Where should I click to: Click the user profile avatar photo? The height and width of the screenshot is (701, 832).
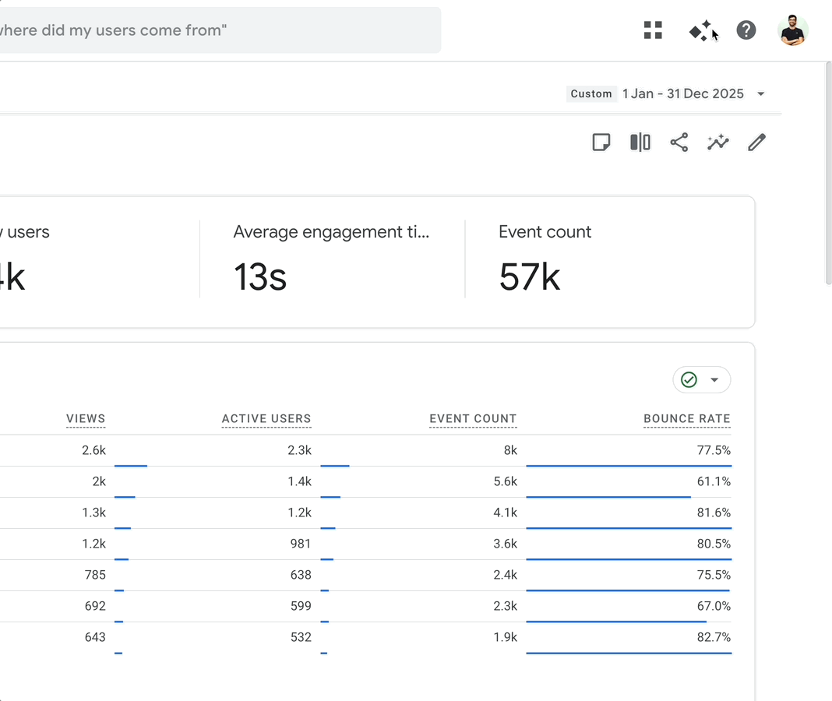(x=793, y=31)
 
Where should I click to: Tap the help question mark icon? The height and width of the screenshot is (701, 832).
(x=746, y=30)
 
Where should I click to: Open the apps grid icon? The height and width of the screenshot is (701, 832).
(x=653, y=30)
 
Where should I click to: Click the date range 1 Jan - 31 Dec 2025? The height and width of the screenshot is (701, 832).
(x=683, y=93)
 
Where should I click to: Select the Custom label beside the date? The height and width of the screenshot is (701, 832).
(x=591, y=93)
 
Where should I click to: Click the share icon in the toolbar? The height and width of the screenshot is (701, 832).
(x=679, y=143)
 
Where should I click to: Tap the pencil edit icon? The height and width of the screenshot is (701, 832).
(x=756, y=143)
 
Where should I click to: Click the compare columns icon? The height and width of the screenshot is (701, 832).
(x=640, y=143)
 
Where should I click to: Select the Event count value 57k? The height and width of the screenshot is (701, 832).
(x=530, y=277)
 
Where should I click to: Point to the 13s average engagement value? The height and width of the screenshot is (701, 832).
(x=260, y=277)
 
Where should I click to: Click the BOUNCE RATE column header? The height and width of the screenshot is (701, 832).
(x=687, y=419)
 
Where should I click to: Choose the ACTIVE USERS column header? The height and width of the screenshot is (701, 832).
(x=266, y=419)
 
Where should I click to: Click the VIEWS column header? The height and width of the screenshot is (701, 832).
(x=86, y=419)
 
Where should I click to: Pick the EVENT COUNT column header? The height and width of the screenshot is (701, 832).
(x=473, y=419)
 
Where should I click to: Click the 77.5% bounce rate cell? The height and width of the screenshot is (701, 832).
(x=714, y=450)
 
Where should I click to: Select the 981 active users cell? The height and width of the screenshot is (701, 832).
(x=300, y=544)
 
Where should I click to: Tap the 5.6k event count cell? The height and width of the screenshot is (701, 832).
(x=505, y=481)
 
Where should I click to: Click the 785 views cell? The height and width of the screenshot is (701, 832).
(x=94, y=575)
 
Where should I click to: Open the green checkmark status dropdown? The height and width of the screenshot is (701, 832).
(x=702, y=380)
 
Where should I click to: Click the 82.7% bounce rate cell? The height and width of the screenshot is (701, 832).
(x=714, y=637)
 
